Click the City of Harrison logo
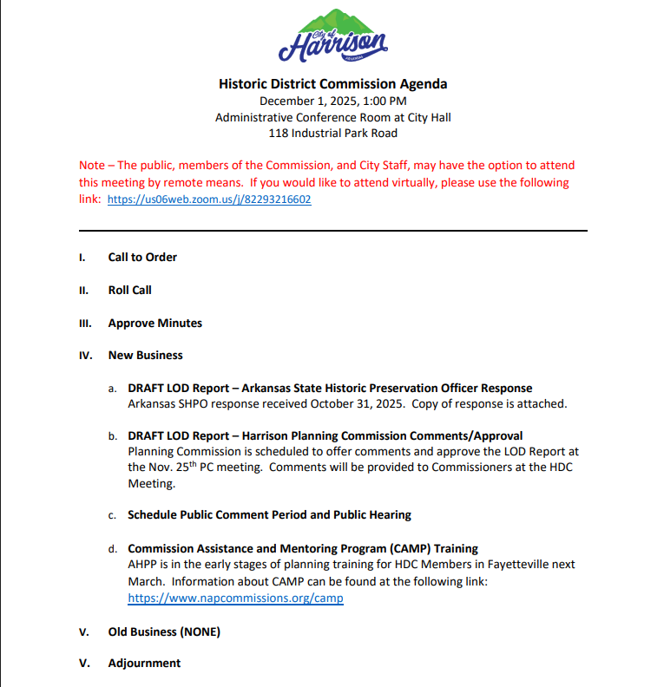[x=332, y=36]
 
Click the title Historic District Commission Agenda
[x=332, y=84]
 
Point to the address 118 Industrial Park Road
[x=332, y=133]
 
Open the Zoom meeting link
[x=209, y=199]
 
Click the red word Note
[x=92, y=165]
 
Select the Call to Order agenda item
[x=142, y=257]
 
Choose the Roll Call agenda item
[x=129, y=290]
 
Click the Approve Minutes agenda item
[x=154, y=323]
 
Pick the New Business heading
[x=145, y=355]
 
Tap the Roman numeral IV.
[x=85, y=355]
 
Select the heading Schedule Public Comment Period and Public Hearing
[x=269, y=514]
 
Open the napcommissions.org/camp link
[x=235, y=598]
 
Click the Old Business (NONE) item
[x=164, y=631]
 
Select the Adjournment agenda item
[x=144, y=663]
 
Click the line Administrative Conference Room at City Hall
[x=332, y=117]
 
